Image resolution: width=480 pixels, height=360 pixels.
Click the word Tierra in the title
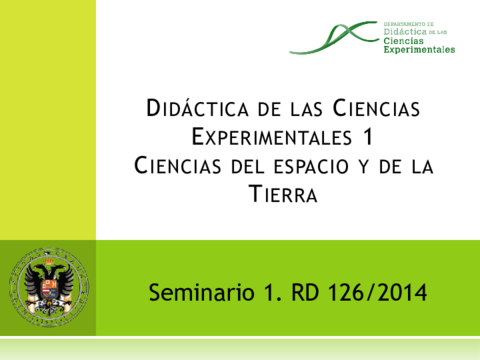[x=282, y=194]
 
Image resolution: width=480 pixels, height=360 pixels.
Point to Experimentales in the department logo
[x=418, y=48]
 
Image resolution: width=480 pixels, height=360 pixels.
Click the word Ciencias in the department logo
[x=403, y=40]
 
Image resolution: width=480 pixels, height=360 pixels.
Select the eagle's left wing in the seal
[x=30, y=285]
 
